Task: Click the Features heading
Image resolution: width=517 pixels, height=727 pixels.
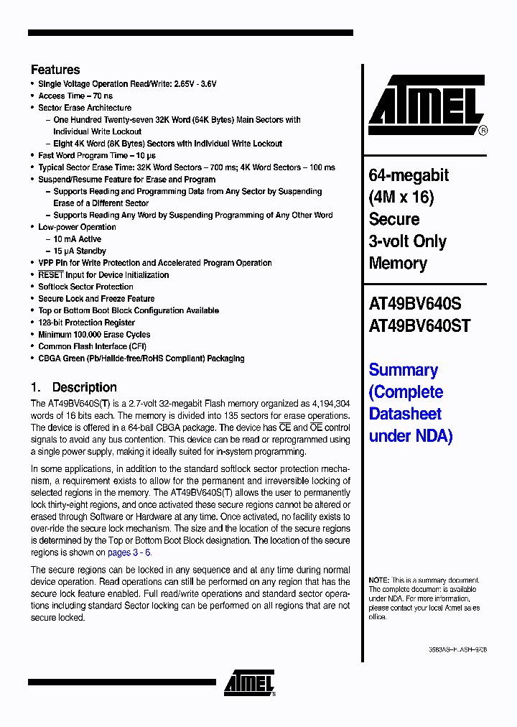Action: click(x=55, y=70)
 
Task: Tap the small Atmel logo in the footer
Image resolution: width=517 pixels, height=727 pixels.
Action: click(x=248, y=683)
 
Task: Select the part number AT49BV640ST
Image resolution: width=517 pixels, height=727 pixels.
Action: click(x=419, y=325)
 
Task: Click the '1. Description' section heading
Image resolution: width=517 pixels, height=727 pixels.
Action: click(x=73, y=387)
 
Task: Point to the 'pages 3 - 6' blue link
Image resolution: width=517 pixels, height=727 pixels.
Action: click(x=129, y=552)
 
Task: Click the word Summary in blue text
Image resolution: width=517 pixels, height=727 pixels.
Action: click(x=403, y=370)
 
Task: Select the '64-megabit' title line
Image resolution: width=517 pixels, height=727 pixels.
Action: click(x=409, y=175)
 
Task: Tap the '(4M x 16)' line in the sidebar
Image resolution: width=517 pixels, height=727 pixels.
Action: click(x=401, y=198)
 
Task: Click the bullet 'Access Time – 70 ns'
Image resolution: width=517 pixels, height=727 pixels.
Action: click(x=75, y=96)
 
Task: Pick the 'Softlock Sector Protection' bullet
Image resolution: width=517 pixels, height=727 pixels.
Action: click(x=85, y=287)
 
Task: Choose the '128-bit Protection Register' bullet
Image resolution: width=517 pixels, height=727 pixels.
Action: click(x=86, y=323)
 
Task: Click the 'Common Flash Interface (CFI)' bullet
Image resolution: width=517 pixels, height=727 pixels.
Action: click(x=92, y=346)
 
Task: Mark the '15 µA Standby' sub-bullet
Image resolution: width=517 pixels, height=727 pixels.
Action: click(x=80, y=251)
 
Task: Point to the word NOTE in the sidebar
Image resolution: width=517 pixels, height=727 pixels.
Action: click(x=378, y=580)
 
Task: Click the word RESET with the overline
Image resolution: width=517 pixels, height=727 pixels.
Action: click(x=51, y=274)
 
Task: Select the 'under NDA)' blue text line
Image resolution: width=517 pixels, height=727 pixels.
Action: click(x=411, y=436)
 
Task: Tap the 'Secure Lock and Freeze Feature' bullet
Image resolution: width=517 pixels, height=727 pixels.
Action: click(x=96, y=299)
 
